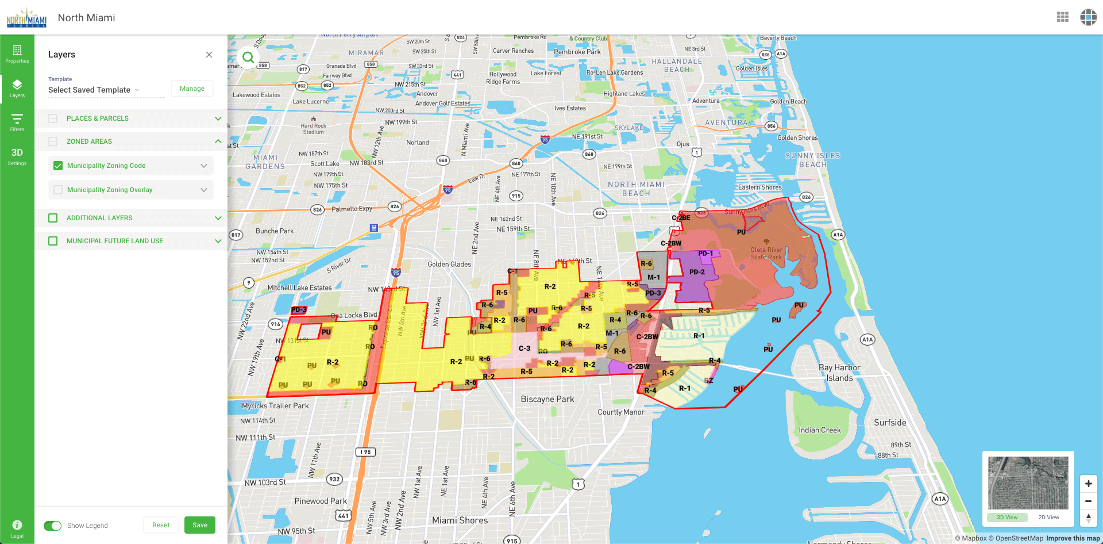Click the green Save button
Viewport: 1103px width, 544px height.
pos(200,525)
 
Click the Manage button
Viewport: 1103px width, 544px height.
pos(192,89)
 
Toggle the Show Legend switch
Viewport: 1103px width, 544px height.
pos(53,526)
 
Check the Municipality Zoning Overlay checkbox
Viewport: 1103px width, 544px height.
pos(58,190)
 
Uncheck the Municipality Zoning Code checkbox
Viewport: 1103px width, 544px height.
pos(58,166)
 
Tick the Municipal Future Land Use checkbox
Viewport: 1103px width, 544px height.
pos(53,241)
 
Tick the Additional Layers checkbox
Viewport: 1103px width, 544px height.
pos(53,218)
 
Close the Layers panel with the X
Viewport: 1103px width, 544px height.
pos(209,55)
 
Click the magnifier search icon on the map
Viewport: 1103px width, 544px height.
pos(248,58)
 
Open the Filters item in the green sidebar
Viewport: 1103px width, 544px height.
pos(17,122)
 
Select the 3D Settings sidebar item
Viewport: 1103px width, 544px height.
pos(17,156)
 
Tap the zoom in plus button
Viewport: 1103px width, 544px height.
pos(1088,484)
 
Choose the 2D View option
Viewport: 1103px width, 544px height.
pos(1048,518)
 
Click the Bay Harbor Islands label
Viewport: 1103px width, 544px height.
pos(839,373)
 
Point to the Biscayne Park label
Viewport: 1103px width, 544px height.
pos(547,399)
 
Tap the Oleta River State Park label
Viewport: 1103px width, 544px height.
pos(766,253)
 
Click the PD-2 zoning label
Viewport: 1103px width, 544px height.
pos(697,272)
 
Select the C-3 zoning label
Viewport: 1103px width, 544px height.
pos(524,348)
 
